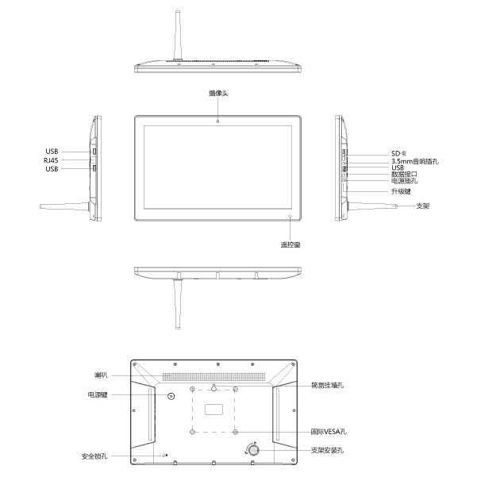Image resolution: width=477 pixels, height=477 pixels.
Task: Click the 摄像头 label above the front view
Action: click(x=218, y=94)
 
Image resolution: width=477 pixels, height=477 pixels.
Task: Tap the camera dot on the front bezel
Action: click(x=218, y=121)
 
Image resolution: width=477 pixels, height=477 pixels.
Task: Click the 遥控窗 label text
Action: click(x=290, y=244)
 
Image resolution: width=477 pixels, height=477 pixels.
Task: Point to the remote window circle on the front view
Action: click(x=290, y=216)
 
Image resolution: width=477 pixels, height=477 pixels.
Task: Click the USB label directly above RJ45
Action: click(x=52, y=151)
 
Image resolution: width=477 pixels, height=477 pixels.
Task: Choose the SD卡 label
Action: click(x=399, y=152)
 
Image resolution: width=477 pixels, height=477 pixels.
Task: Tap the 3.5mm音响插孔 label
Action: click(x=415, y=160)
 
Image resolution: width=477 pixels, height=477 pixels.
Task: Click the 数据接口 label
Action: click(x=404, y=174)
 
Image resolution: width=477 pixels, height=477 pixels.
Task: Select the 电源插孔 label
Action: click(x=404, y=181)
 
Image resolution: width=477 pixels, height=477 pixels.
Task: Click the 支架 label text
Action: click(x=423, y=206)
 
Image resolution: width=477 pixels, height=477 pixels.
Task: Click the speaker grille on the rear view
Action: click(x=214, y=375)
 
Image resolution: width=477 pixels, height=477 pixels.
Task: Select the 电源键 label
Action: click(x=98, y=394)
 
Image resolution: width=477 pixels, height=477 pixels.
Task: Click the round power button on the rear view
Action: click(x=171, y=394)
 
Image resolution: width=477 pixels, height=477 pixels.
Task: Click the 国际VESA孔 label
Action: click(x=329, y=433)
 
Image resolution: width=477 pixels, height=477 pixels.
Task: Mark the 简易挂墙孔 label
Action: click(x=328, y=386)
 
